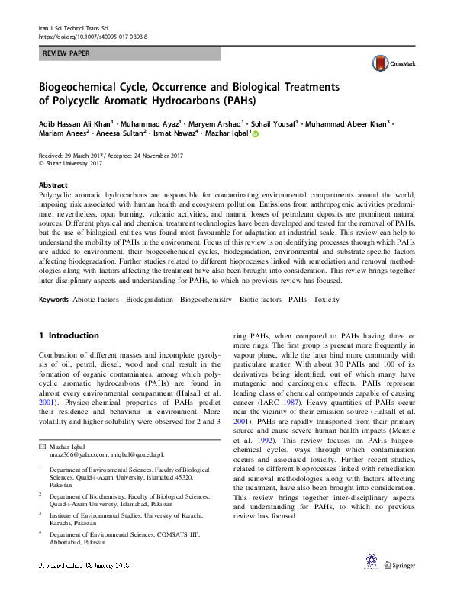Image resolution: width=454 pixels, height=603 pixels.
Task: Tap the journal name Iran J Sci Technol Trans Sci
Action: pyautogui.click(x=76, y=27)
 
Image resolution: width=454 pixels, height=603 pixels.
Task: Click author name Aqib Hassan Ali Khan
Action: pyautogui.click(x=74, y=123)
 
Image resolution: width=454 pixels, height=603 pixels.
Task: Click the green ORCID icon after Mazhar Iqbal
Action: pyautogui.click(x=256, y=134)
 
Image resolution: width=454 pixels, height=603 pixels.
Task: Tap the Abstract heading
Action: pyautogui.click(x=53, y=185)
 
